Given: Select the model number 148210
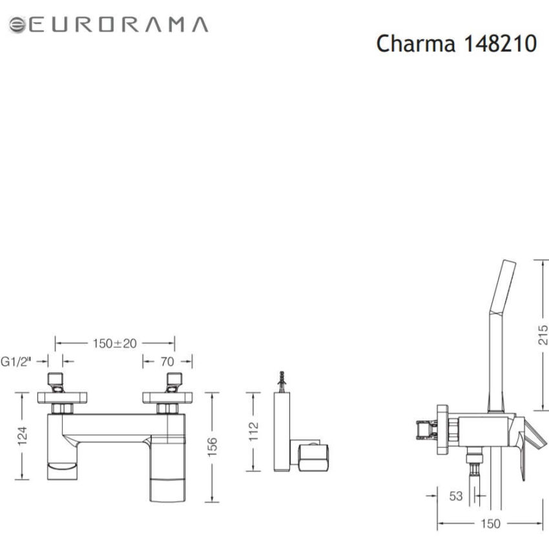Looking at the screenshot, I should (x=500, y=44).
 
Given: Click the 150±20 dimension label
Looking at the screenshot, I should (x=115, y=344).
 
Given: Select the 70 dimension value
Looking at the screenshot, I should (x=167, y=362).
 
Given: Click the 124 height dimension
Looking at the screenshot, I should (x=23, y=436).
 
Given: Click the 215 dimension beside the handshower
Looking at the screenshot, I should (x=543, y=335).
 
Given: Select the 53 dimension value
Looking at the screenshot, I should (x=456, y=496).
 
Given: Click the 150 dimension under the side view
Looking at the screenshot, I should (x=490, y=524).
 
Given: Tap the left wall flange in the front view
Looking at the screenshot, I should (x=59, y=396).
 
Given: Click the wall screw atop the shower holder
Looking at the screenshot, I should (x=281, y=380).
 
